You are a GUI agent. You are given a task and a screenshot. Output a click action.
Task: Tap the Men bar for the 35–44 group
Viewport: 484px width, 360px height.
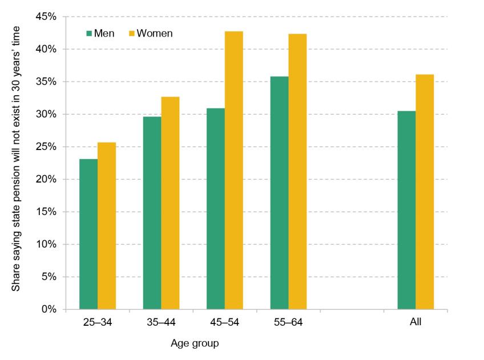(x=152, y=213)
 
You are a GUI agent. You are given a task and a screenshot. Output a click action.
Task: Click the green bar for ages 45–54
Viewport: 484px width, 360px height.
(x=216, y=209)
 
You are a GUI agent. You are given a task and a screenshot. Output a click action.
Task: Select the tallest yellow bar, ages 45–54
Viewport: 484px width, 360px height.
(x=234, y=171)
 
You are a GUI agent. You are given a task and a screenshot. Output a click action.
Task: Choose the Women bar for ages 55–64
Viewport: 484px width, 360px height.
(x=297, y=172)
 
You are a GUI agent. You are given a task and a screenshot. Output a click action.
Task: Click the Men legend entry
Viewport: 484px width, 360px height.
(x=100, y=33)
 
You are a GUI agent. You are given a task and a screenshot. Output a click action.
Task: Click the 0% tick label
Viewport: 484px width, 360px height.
(x=49, y=309)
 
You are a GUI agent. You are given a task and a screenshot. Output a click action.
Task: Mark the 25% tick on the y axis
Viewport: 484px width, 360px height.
(x=47, y=147)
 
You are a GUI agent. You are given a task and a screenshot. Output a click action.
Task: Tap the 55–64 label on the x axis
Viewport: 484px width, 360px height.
(x=288, y=322)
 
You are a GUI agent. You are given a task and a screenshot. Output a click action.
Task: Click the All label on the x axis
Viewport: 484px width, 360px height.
(x=416, y=322)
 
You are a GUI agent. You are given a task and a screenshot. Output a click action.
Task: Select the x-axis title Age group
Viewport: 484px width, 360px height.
(x=195, y=343)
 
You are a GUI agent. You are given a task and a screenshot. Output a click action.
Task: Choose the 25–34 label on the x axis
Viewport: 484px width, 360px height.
(x=98, y=322)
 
